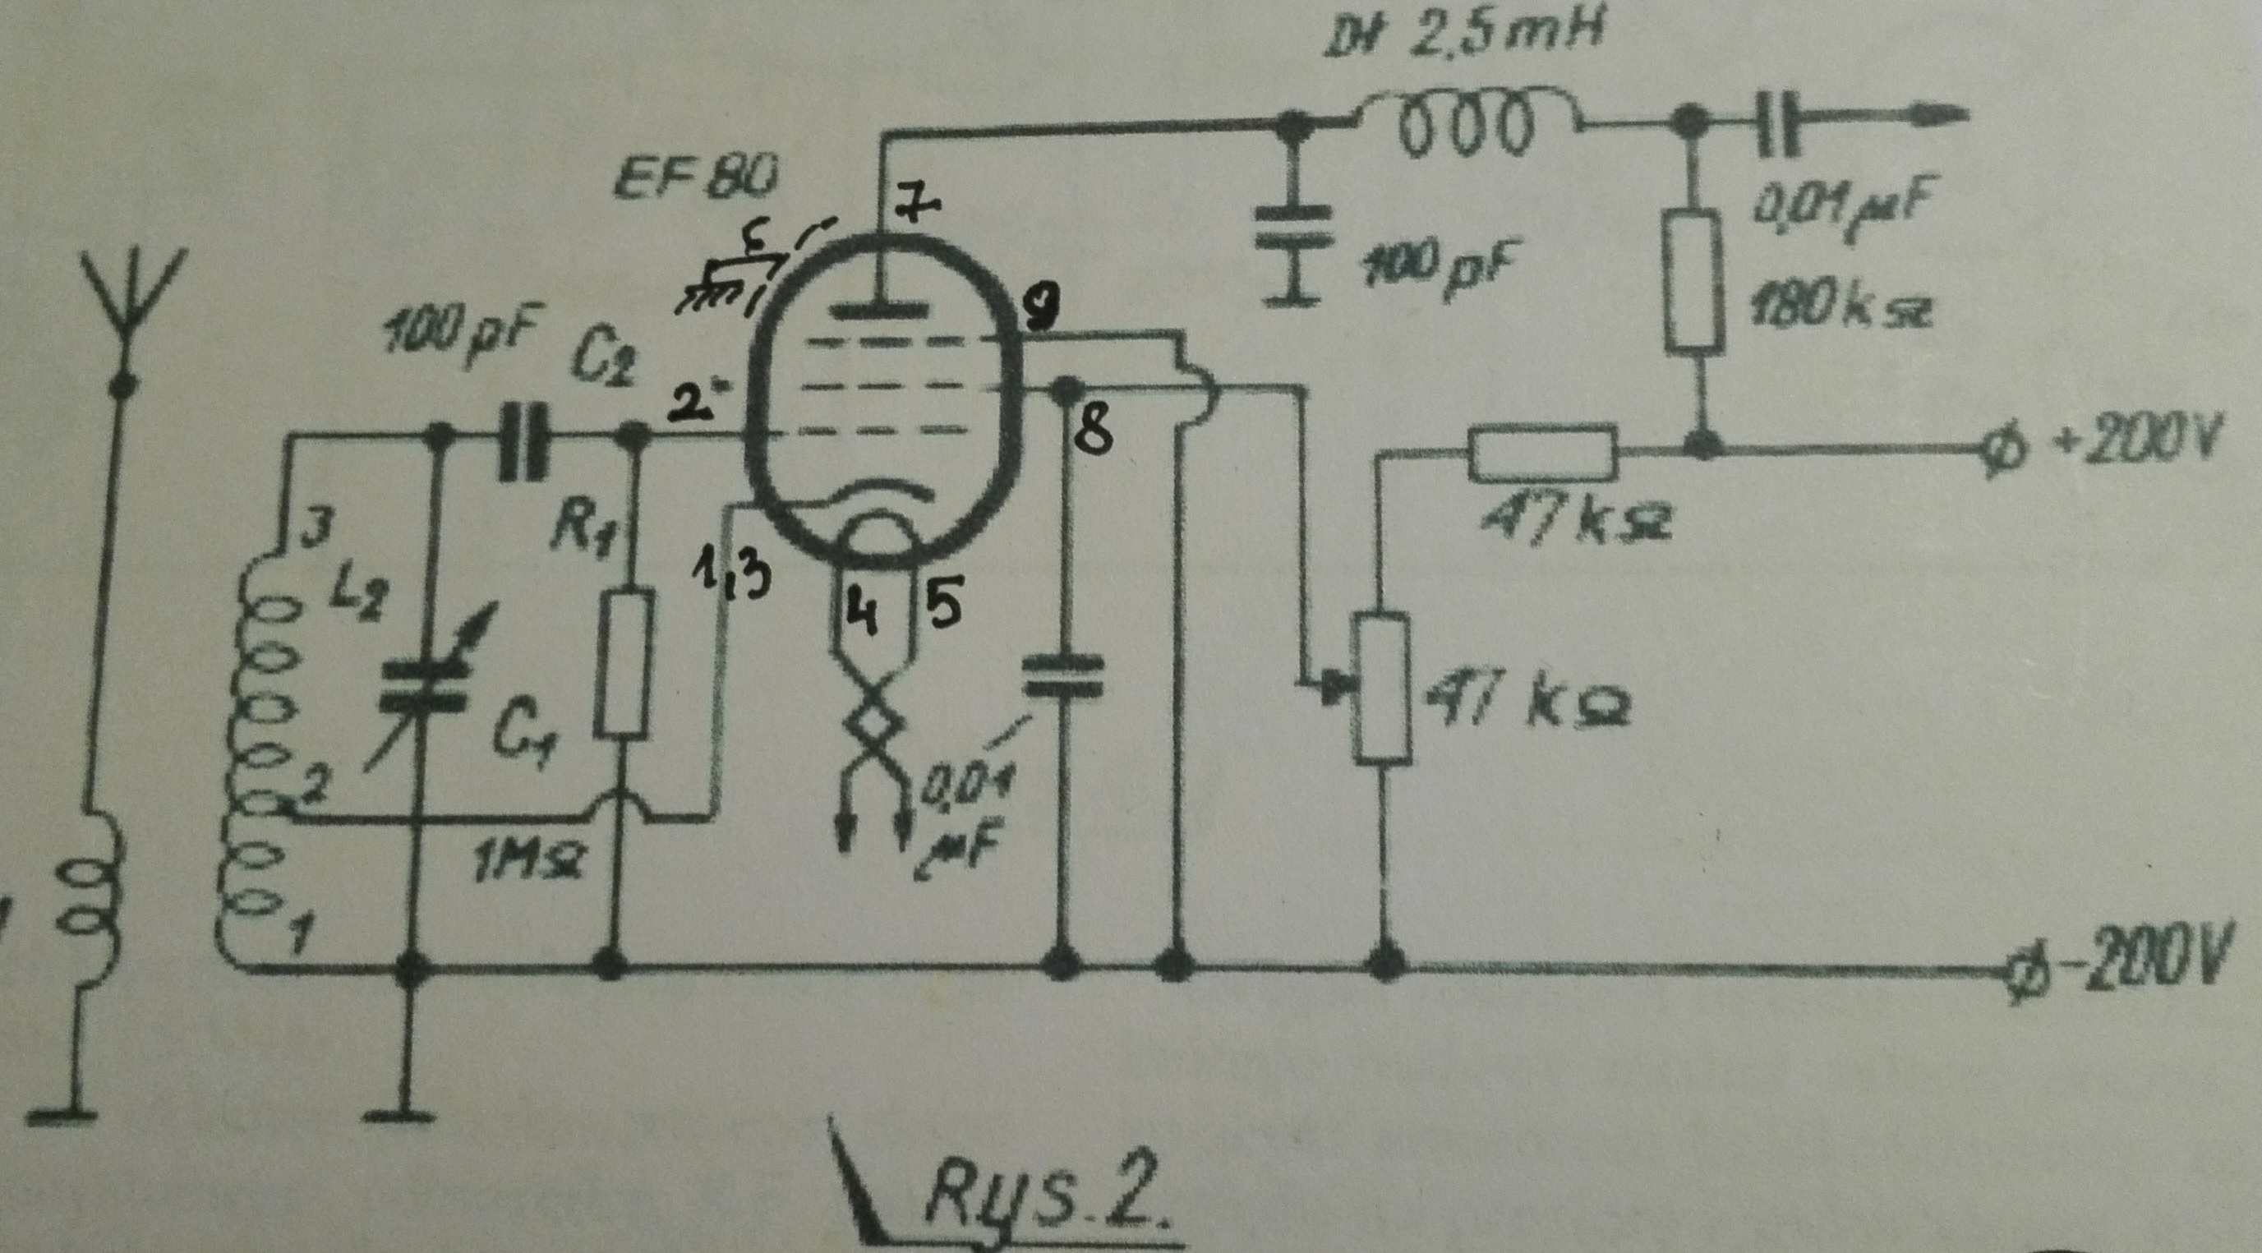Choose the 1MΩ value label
click(524, 868)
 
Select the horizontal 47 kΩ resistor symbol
click(1542, 452)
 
